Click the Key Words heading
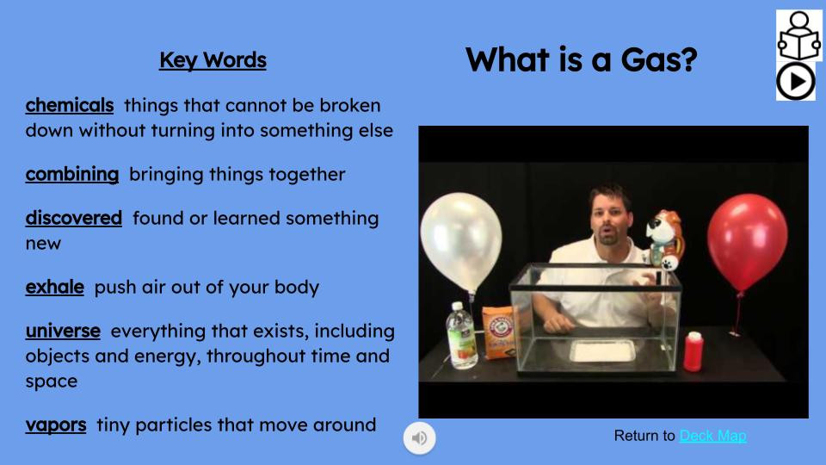pyautogui.click(x=213, y=60)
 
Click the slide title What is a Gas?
pyautogui.click(x=581, y=60)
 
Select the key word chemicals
pyautogui.click(x=70, y=105)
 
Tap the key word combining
pyautogui.click(x=72, y=174)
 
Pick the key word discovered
pyautogui.click(x=74, y=218)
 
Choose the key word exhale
pyautogui.click(x=55, y=287)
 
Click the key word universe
pyautogui.click(x=63, y=331)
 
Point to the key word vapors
pyautogui.click(x=56, y=425)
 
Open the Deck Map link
pyautogui.click(x=712, y=436)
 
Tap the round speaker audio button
pyautogui.click(x=420, y=438)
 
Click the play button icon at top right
pyautogui.click(x=795, y=82)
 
